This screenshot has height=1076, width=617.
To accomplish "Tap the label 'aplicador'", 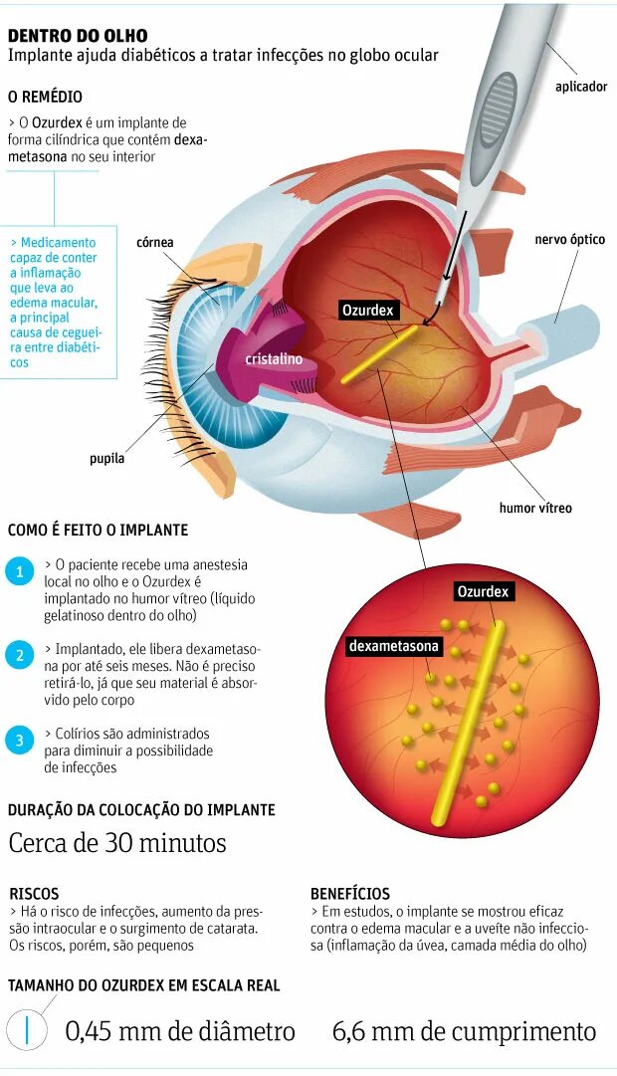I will (581, 87).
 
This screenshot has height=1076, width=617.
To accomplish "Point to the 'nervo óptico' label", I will (569, 239).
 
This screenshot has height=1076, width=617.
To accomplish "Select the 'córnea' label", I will (155, 242).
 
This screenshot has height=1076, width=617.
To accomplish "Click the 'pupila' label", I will (107, 459).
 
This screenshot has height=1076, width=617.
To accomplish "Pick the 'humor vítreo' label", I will (535, 509).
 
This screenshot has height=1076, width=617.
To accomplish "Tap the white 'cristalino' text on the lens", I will (274, 359).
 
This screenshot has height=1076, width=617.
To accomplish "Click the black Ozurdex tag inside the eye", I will (368, 311).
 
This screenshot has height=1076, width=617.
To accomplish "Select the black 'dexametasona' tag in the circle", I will (394, 647).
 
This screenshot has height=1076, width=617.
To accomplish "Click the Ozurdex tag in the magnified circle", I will (483, 592).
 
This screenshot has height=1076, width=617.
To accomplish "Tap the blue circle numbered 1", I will (19, 572).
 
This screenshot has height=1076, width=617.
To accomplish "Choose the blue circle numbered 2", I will (19, 655).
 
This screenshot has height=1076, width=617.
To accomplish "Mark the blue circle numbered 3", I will (19, 741).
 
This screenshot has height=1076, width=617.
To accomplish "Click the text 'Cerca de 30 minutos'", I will (117, 843).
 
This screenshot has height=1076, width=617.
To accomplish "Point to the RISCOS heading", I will (34, 894).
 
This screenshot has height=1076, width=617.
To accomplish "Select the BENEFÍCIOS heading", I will (350, 894).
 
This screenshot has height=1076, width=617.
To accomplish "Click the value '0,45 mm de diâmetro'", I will (180, 1031).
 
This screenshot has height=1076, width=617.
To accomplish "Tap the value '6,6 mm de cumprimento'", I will (464, 1031).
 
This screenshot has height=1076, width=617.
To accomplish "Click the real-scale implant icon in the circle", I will (27, 1030).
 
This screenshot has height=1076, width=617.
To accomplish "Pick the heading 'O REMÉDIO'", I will (45, 97).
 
